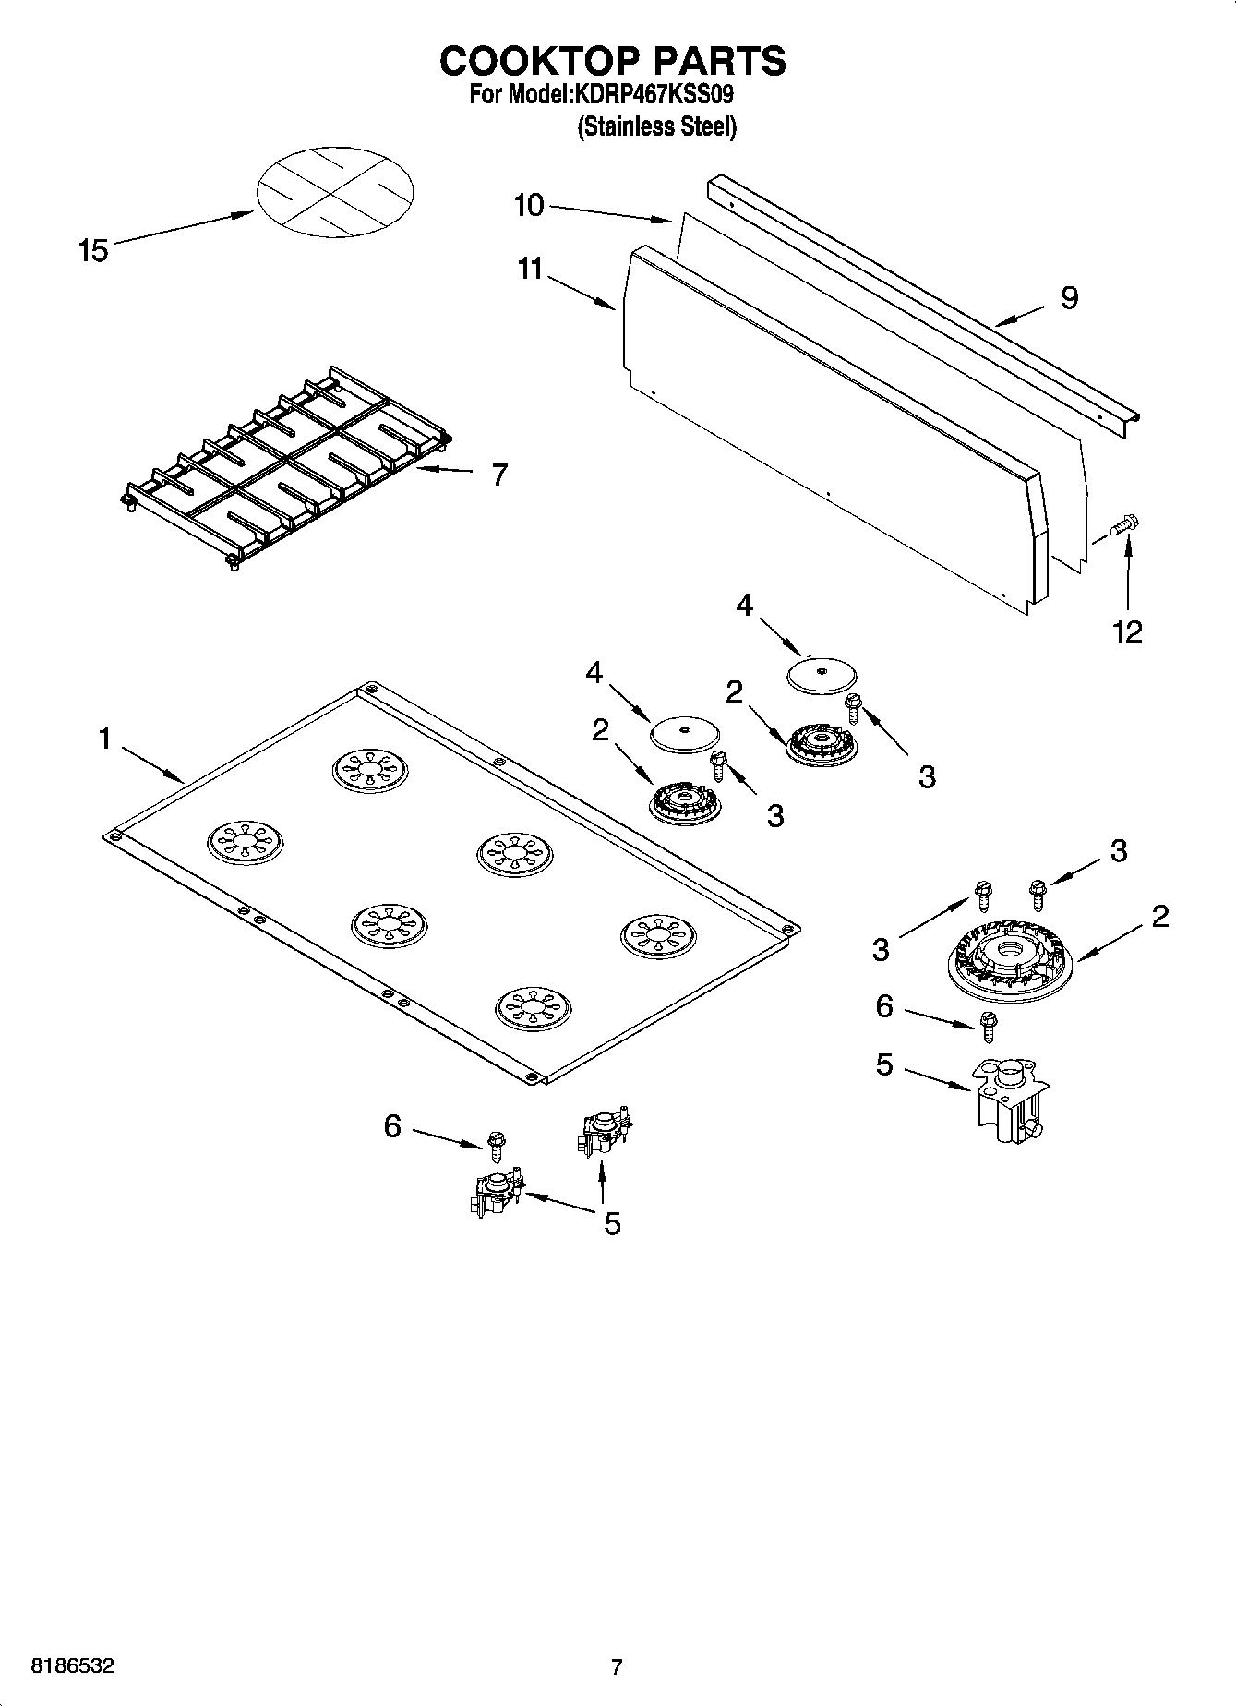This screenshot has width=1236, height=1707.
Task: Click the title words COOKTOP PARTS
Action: [613, 61]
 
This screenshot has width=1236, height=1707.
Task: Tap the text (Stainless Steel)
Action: [656, 127]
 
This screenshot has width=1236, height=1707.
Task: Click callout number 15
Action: [93, 250]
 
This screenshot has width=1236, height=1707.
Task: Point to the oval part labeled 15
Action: [334, 193]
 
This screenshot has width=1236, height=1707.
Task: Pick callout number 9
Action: [1069, 298]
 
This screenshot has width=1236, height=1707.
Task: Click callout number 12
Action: [1127, 632]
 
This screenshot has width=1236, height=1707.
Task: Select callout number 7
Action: [498, 475]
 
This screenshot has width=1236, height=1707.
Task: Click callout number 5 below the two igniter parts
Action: [612, 1224]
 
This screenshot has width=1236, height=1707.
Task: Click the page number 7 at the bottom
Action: [617, 1666]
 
